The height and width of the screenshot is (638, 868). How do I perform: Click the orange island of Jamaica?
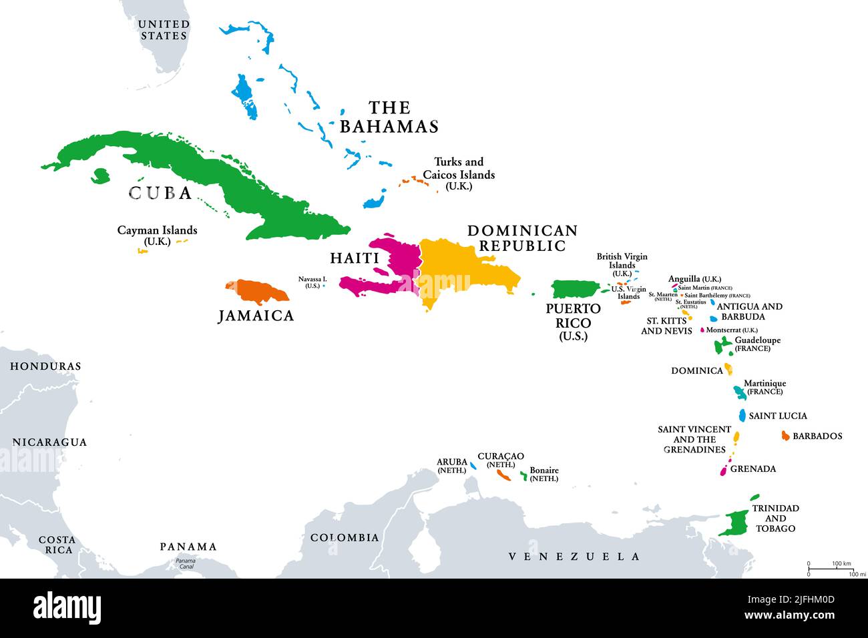tap(257, 291)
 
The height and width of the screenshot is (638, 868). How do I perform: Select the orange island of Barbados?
tap(785, 436)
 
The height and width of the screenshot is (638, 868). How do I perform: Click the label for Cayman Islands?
tap(157, 235)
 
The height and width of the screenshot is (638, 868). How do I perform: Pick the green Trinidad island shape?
tap(734, 522)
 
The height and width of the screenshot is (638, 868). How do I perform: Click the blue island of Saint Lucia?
tap(742, 415)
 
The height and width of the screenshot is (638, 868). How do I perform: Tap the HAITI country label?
tap(355, 258)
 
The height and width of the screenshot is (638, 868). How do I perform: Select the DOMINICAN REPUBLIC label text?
tap(522, 238)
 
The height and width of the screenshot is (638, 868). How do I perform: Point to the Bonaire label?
tap(544, 474)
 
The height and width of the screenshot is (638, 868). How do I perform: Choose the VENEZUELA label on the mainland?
tap(574, 556)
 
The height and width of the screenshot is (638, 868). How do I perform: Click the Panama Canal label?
tap(186, 564)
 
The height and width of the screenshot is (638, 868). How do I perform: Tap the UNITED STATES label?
tap(164, 30)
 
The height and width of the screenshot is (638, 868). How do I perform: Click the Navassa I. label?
tap(312, 282)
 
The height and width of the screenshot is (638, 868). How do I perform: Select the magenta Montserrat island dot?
tap(702, 330)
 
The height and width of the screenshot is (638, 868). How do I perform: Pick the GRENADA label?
tap(753, 468)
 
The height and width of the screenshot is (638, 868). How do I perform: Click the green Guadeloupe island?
tap(722, 345)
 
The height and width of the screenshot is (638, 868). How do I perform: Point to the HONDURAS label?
tap(45, 366)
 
